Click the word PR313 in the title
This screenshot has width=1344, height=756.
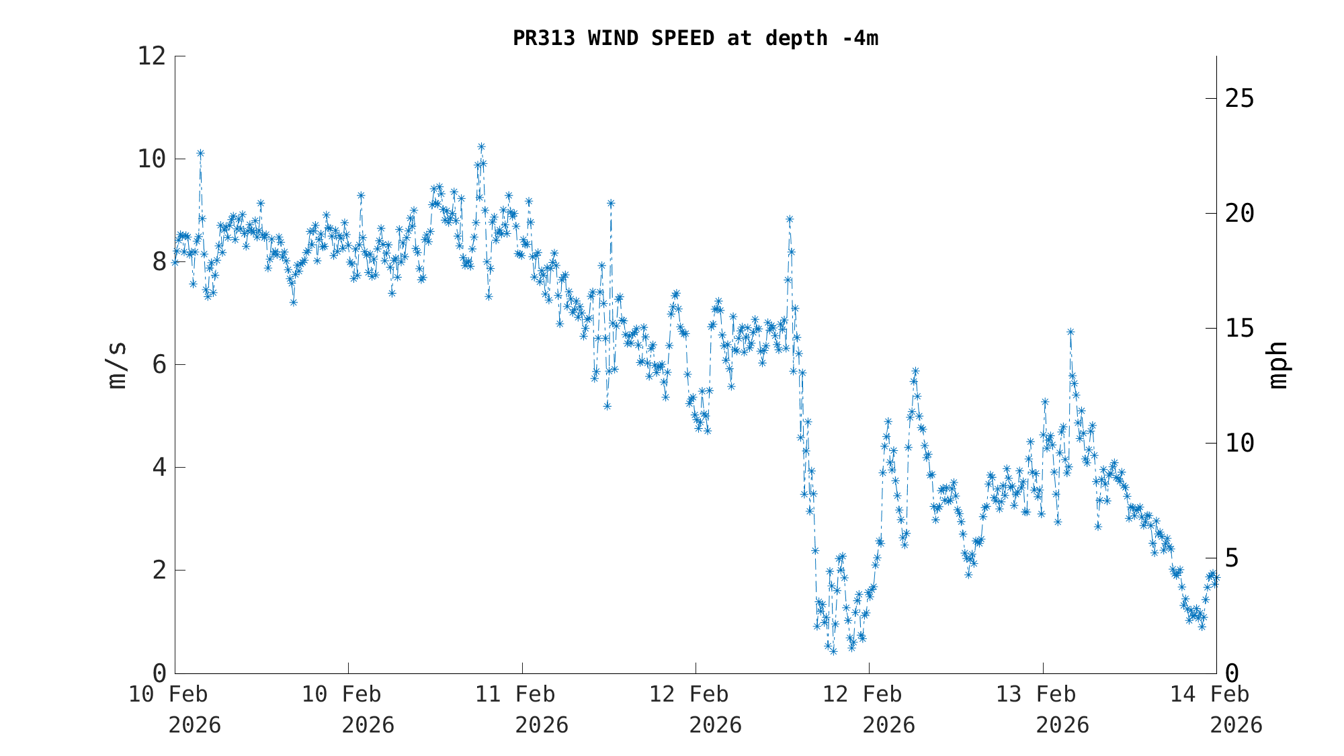(x=544, y=38)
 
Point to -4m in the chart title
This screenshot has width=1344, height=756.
(x=860, y=38)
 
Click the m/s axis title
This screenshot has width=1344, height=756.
(x=117, y=365)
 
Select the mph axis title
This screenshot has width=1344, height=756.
(x=1278, y=365)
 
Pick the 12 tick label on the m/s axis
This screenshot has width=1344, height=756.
(x=151, y=56)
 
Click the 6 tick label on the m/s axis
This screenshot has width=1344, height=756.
(x=159, y=365)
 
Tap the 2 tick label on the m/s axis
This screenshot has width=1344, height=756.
(x=159, y=571)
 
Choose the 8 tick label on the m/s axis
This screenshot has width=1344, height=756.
(x=159, y=262)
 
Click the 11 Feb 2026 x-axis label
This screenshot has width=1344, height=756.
(x=522, y=709)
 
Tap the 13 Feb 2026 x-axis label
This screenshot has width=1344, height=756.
(x=1043, y=709)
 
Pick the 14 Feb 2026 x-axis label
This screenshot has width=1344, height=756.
(x=1216, y=709)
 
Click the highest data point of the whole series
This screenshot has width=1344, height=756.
(x=481, y=146)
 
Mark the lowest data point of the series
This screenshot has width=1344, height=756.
(x=833, y=651)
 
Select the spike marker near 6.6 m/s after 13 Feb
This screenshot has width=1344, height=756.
(x=1070, y=332)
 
